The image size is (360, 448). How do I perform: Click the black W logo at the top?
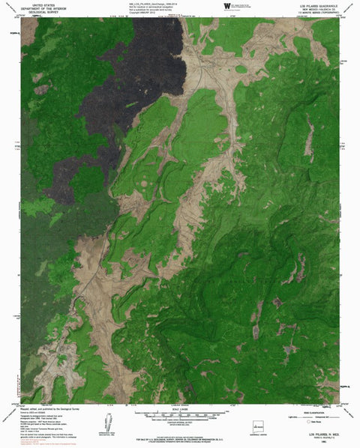point(227,5)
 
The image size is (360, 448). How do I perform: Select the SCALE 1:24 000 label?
point(180,408)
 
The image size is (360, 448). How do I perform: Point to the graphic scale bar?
point(180,414)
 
